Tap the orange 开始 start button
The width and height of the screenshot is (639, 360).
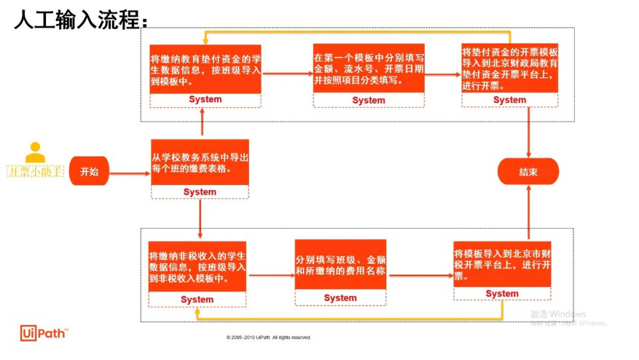click(x=89, y=171)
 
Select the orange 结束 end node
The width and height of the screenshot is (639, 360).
click(x=528, y=171)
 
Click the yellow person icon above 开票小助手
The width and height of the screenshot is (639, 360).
click(x=35, y=152)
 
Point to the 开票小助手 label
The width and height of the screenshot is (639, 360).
click(x=35, y=172)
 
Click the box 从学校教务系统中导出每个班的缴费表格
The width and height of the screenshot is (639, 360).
click(x=200, y=163)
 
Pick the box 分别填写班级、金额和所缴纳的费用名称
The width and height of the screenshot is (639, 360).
click(x=340, y=265)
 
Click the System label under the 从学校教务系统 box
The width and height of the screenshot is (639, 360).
click(x=200, y=192)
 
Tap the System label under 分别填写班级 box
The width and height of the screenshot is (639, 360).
click(x=340, y=298)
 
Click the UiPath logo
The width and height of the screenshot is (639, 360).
click(x=44, y=333)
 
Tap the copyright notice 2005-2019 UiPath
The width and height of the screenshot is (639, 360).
click(x=269, y=337)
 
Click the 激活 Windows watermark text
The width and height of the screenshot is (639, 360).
click(x=557, y=314)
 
